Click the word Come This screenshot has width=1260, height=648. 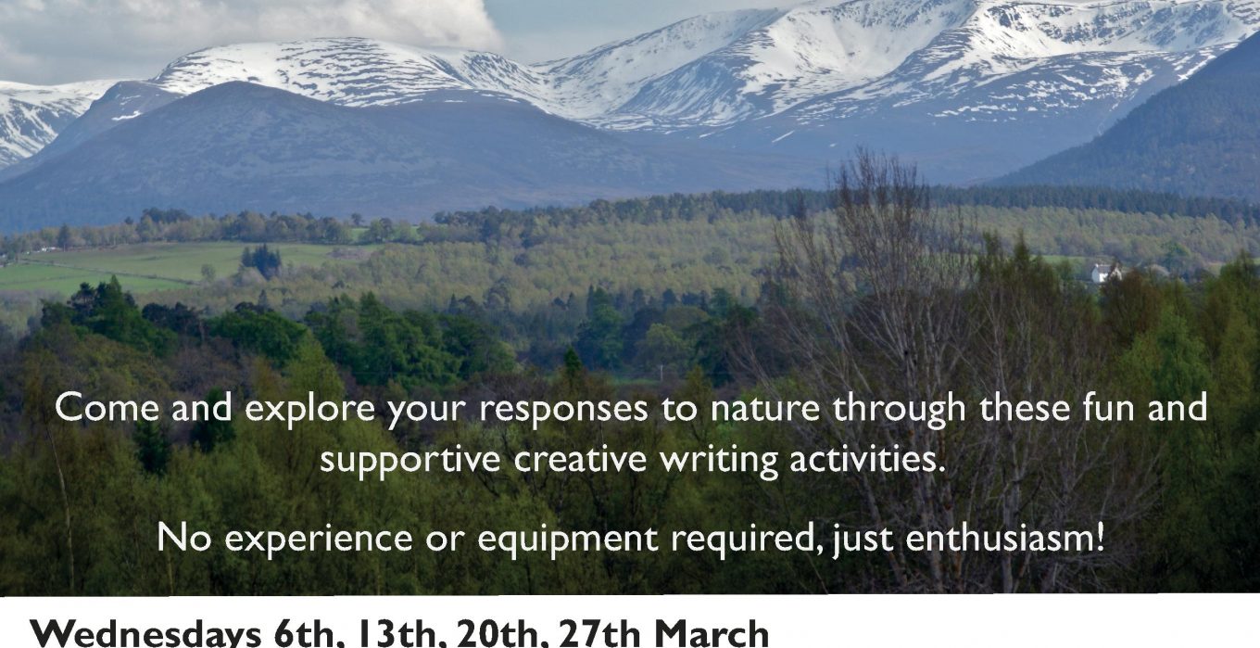click(x=107, y=408)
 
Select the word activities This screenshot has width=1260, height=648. click(x=867, y=460)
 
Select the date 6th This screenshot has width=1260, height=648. click(x=304, y=634)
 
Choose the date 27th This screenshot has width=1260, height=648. click(x=599, y=634)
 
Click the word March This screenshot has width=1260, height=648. click(x=712, y=634)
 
